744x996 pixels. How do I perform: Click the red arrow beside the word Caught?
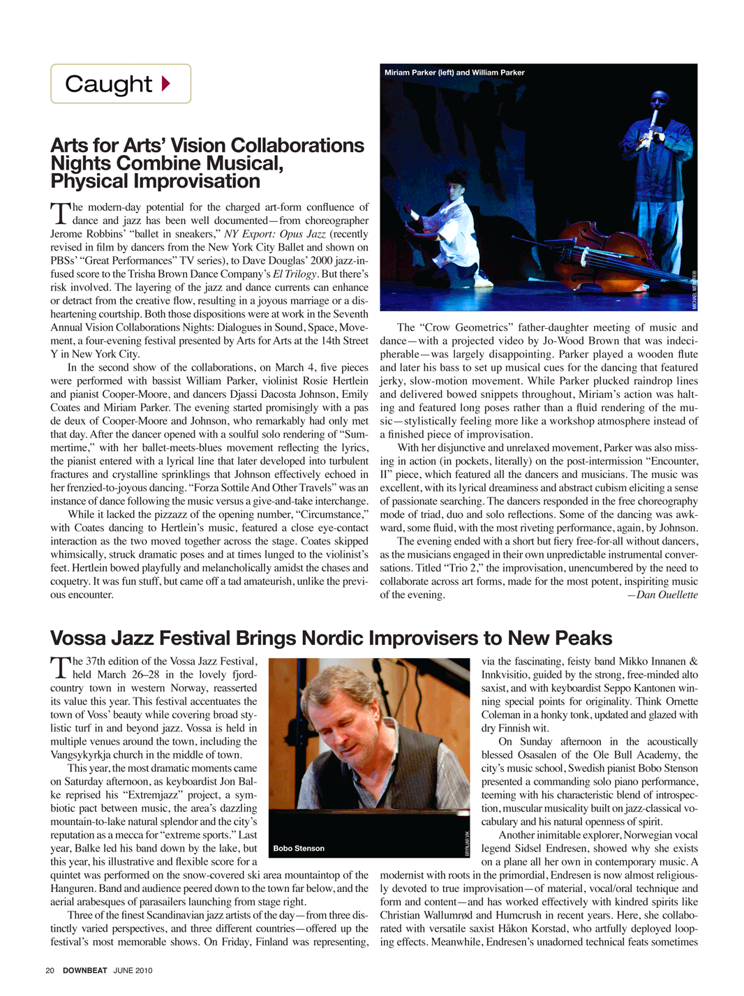coord(166,84)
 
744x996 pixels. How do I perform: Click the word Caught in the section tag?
coord(108,84)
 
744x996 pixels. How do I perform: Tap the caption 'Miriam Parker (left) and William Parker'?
coord(454,73)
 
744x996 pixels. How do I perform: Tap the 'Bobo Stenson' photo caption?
coord(299,848)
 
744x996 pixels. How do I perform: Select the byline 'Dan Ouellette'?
coord(662,595)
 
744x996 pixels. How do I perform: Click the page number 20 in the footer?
coord(50,970)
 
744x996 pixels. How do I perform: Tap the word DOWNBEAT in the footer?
coord(84,970)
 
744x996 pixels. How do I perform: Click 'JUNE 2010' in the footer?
coord(133,970)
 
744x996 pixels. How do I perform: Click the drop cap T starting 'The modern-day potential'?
coord(60,213)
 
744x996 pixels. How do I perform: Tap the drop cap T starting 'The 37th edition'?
coord(60,667)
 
